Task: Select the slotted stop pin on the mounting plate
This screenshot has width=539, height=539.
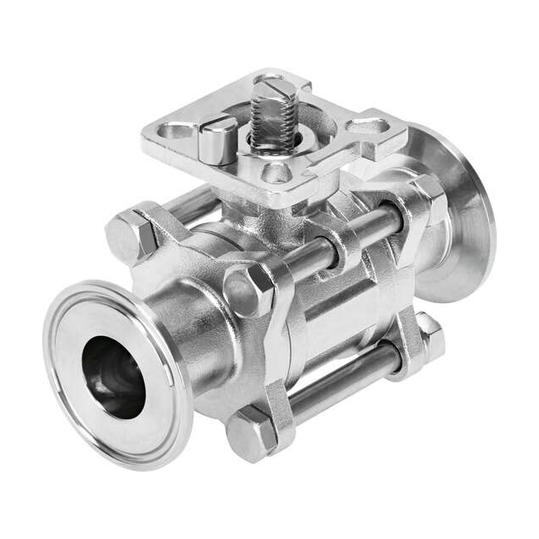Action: click(x=217, y=139)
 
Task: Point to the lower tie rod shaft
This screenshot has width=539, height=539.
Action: click(x=345, y=383)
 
